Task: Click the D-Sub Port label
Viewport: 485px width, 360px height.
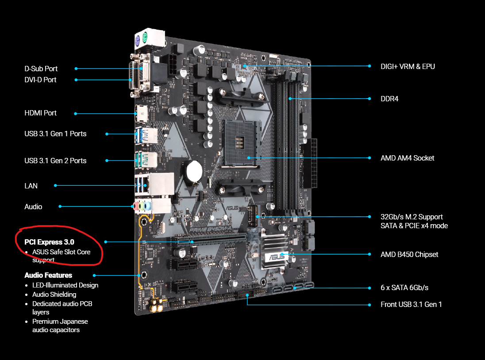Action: click(41, 69)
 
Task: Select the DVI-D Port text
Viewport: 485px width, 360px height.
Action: click(40, 80)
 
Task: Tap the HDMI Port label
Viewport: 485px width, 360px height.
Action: click(41, 113)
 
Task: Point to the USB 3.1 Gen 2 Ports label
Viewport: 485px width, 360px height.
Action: click(55, 161)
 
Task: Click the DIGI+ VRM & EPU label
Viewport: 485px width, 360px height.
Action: click(408, 66)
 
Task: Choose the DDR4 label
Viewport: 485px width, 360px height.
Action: click(389, 99)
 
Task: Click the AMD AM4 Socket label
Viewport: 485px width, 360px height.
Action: click(408, 158)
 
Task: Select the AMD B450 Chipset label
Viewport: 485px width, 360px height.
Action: click(409, 255)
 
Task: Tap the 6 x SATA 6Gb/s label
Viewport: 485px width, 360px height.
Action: click(404, 288)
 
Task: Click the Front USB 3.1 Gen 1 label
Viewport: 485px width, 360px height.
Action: click(411, 305)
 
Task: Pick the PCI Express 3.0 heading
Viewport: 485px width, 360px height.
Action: click(49, 242)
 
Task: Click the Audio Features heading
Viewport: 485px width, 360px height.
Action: click(48, 276)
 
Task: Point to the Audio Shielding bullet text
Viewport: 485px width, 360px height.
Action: click(54, 295)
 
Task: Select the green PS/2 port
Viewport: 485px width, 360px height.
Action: click(145, 38)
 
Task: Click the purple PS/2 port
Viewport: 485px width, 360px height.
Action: click(138, 40)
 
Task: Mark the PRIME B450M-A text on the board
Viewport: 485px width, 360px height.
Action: click(210, 229)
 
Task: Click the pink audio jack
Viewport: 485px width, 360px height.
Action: click(136, 206)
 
